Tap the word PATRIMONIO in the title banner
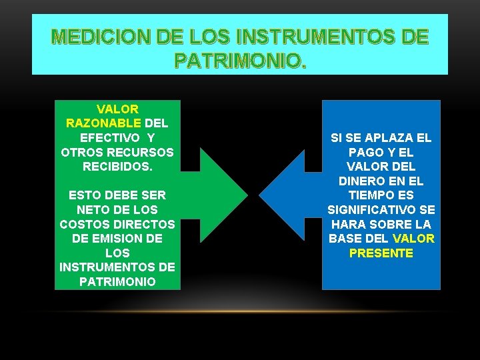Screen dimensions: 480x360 (x=239, y=61)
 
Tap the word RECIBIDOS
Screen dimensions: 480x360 (x=117, y=167)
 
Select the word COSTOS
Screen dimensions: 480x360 (x=83, y=225)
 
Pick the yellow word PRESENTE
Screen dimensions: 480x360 (x=381, y=253)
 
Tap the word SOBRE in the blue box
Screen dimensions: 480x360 (x=389, y=225)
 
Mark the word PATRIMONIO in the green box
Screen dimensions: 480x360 (x=117, y=282)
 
